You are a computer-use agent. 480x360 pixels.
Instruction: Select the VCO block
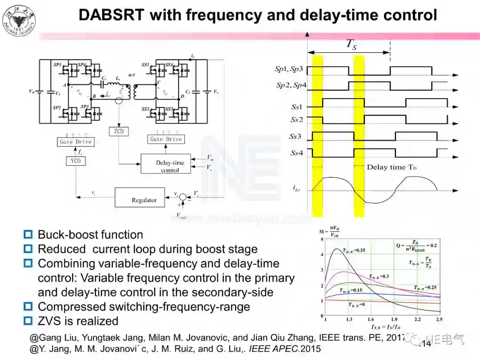tap(76, 160)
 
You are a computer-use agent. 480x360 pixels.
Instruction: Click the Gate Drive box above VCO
tap(76, 142)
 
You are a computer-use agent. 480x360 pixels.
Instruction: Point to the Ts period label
tap(351, 44)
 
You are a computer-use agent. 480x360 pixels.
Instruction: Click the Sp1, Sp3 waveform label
tap(289, 69)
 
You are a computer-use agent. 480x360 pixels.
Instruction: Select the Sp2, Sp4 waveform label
tap(291, 85)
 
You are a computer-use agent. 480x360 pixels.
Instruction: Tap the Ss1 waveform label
tap(296, 107)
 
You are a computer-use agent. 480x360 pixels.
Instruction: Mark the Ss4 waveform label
tap(296, 153)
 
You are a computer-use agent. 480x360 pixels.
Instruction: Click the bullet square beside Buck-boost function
tap(28, 235)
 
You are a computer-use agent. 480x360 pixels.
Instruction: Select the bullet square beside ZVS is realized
tap(28, 321)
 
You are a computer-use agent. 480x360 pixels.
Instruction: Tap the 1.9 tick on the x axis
tap(394, 319)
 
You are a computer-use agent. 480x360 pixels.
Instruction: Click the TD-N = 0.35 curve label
tap(355, 251)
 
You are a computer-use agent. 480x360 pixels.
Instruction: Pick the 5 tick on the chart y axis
tap(321, 240)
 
